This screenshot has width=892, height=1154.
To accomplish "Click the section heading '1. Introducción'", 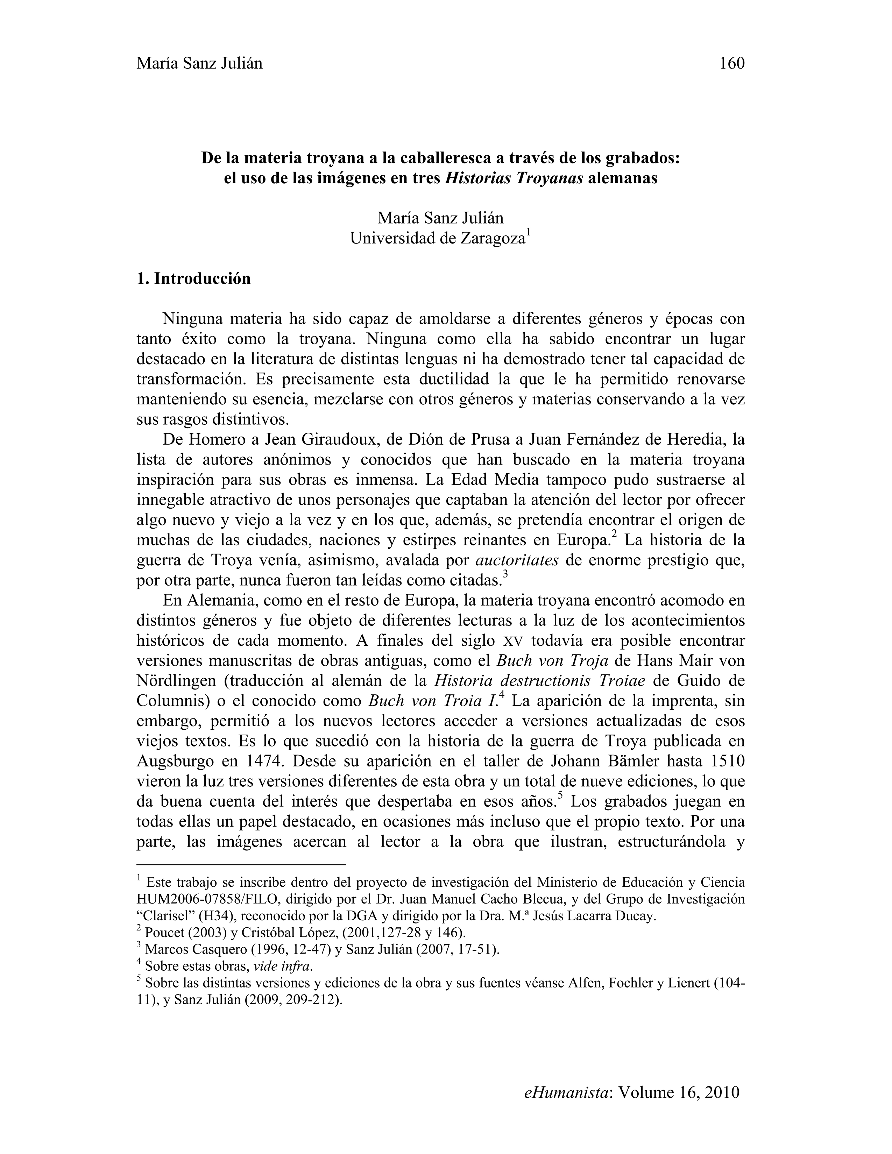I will point(193,278).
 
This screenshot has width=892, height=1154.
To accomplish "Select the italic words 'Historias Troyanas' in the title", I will point(514,178).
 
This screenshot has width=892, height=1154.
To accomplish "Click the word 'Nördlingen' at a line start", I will point(175,681).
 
